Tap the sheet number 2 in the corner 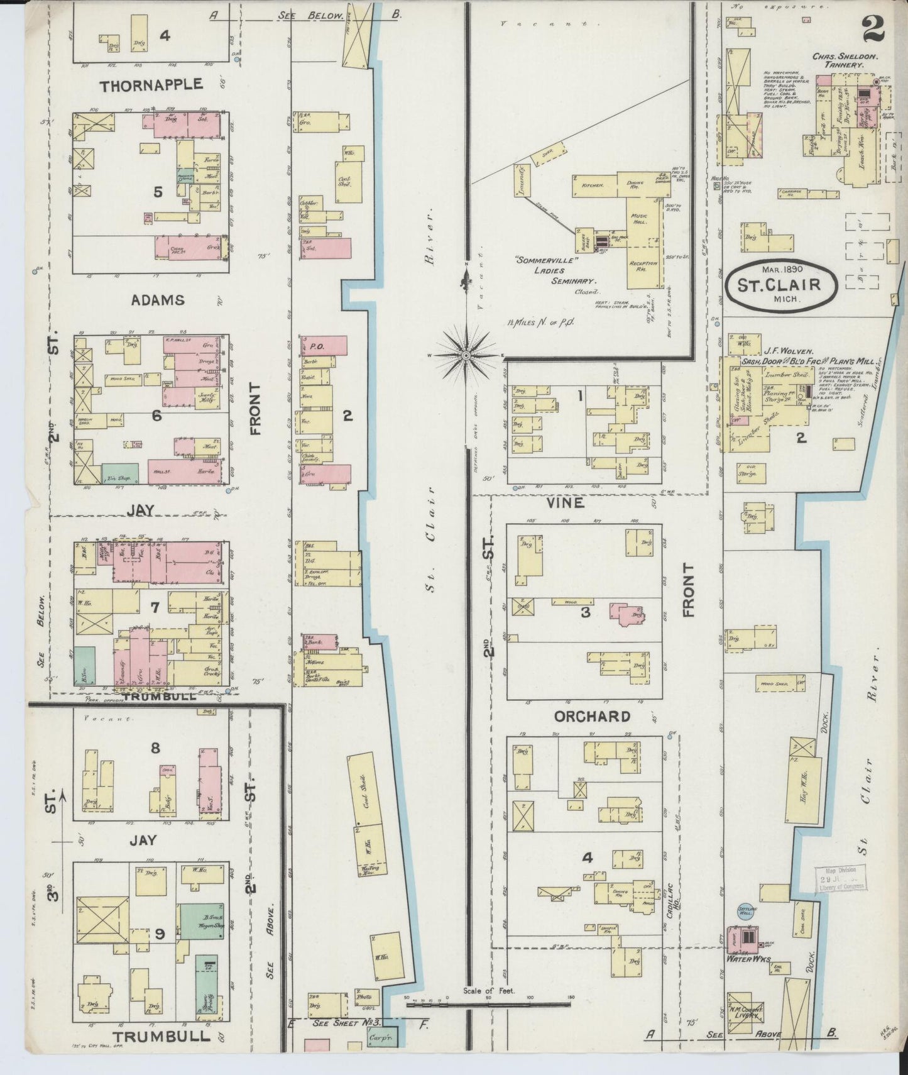coord(873,26)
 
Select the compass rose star coord(466,356)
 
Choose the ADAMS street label coord(158,300)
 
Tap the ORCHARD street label coord(591,716)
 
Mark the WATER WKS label coord(745,959)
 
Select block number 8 coord(155,747)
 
